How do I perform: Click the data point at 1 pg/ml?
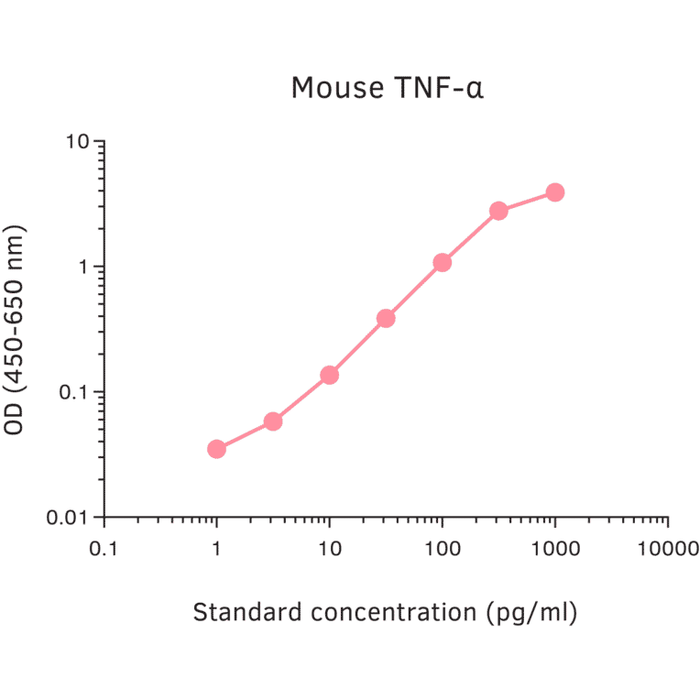point(216,449)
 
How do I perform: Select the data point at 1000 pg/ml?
point(554,192)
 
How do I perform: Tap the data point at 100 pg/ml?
point(443,263)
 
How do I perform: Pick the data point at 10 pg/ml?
point(330,375)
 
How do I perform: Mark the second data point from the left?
point(273,421)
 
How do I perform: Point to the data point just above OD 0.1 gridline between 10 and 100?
point(386,319)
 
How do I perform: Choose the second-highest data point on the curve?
point(498,211)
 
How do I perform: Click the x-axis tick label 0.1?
point(104,549)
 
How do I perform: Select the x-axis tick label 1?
point(216,549)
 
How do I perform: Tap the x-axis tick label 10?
point(330,549)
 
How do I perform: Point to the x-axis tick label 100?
point(443,549)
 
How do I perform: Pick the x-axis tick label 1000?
point(554,549)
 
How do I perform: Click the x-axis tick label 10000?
point(666,549)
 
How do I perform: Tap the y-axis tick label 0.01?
point(69,518)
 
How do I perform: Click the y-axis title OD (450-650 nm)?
point(16,329)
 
